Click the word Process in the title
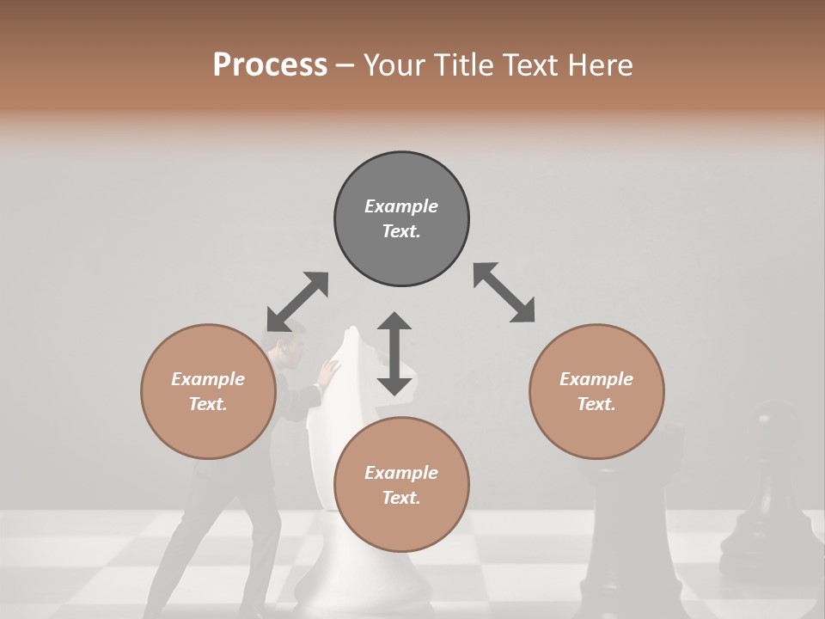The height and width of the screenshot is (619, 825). (x=270, y=64)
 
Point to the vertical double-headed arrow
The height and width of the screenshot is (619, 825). (x=394, y=353)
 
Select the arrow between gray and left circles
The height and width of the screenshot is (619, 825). (x=297, y=302)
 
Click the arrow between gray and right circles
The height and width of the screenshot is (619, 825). (x=504, y=292)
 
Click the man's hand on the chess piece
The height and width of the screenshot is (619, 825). (x=328, y=372)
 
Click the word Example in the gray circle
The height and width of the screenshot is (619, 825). (x=401, y=206)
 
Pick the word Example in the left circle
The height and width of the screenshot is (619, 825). (x=208, y=379)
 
